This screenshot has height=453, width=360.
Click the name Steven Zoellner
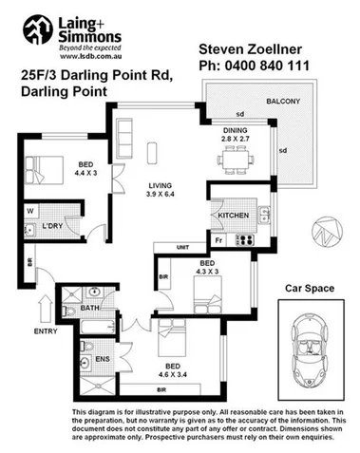pos(250,48)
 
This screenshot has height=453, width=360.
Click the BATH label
pos(90,308)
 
